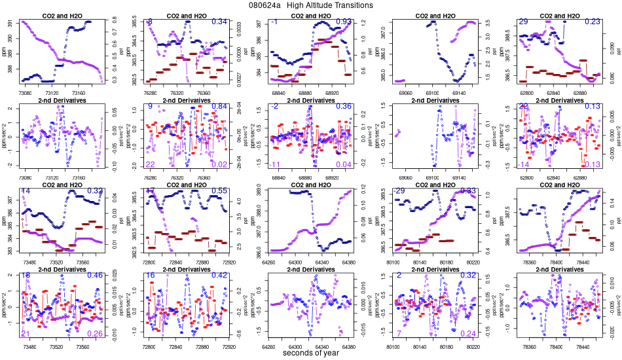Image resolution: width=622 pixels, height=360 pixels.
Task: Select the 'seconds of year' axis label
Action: click(310, 353)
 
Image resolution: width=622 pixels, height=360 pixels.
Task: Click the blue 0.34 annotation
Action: click(219, 22)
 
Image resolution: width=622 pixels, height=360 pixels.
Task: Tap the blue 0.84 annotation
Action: click(219, 106)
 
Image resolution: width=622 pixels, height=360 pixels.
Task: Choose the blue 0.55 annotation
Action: click(219, 190)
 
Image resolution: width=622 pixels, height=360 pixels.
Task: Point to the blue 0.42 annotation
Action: click(219, 276)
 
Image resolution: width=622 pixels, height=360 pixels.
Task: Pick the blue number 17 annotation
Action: click(150, 190)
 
